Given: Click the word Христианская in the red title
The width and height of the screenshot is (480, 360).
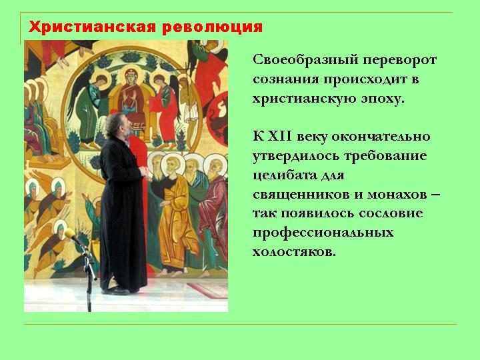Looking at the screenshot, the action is pyautogui.click(x=93, y=27).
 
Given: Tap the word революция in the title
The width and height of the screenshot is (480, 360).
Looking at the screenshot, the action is pyautogui.click(x=212, y=27).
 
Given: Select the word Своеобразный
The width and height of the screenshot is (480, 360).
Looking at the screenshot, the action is pyautogui.click(x=305, y=60).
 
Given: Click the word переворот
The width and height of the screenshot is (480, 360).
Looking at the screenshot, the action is pyautogui.click(x=399, y=61).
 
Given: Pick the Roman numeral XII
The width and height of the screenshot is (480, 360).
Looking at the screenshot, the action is pyautogui.click(x=280, y=136).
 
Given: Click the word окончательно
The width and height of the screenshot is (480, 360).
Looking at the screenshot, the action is pyautogui.click(x=381, y=137).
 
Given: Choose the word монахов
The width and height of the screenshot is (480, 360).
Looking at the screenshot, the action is pyautogui.click(x=397, y=195).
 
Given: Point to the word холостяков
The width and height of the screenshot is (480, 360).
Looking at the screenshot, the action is pyautogui.click(x=294, y=252).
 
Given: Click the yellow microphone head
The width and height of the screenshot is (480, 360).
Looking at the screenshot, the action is pyautogui.click(x=70, y=233).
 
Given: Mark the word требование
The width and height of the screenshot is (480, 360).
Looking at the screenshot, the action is pyautogui.click(x=385, y=157).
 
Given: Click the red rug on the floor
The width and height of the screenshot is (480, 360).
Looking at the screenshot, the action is pyautogui.click(x=207, y=289).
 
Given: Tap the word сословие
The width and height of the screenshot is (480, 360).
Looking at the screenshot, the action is pyautogui.click(x=391, y=214).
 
